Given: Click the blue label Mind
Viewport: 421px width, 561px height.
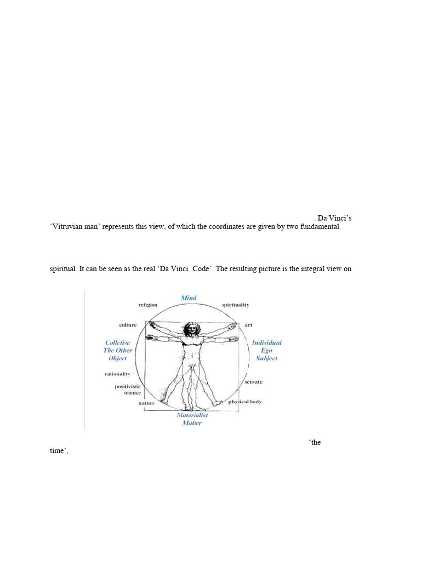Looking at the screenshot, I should coord(189,298).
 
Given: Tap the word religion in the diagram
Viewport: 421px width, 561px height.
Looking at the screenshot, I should coord(148,305).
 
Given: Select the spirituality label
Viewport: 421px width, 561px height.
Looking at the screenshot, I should coord(235,305).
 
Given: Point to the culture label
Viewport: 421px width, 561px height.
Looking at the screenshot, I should coord(128,325).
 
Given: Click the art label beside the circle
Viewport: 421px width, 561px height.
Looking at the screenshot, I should coord(248,325).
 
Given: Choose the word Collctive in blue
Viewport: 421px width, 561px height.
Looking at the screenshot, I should coord(118,342).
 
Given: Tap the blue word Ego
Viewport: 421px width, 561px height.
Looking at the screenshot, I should coord(266,351).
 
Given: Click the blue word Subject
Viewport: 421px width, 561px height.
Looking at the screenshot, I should coord(266,358).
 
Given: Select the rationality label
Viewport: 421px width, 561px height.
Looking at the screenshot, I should coord(117,374).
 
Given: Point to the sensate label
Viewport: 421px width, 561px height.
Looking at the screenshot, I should coord(253,381).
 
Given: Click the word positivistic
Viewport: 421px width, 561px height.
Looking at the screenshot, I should coord(128,386).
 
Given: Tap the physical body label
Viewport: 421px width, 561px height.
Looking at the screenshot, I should coord(245,402).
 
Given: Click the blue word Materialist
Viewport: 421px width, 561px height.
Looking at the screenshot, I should coord(192,415).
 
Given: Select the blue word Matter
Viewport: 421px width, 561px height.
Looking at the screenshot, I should coord(192,423).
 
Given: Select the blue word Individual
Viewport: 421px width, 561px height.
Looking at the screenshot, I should coord(266,342).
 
